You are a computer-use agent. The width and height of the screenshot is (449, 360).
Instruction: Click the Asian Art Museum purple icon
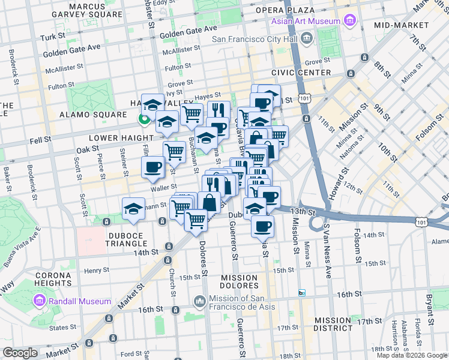pyautogui.click(x=350, y=22)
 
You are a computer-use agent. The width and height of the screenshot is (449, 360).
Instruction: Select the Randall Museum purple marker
pyautogui.click(x=40, y=301)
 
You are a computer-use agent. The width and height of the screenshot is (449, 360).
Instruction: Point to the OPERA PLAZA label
pyautogui.click(x=285, y=11)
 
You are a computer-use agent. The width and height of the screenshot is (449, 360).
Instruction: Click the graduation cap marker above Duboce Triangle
pyautogui.click(x=133, y=208)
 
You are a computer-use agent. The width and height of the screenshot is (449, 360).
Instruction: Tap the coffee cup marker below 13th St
pyautogui.click(x=262, y=226)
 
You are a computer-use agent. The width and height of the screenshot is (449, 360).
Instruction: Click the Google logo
pyautogui.click(x=20, y=353)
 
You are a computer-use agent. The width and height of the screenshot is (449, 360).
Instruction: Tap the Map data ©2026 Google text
pyautogui.click(x=411, y=355)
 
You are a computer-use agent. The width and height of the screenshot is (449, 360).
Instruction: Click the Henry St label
pyautogui.click(x=95, y=270)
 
